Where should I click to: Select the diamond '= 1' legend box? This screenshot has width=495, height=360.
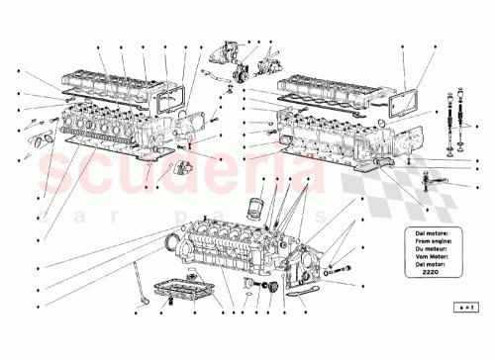click(x=463, y=308)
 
